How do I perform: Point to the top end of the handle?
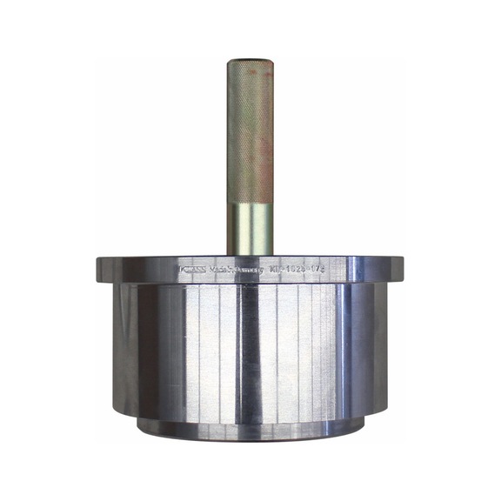250,61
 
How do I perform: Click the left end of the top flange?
97,271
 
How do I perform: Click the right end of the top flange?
403,271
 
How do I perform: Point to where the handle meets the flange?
250,254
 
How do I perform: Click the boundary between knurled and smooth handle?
250,203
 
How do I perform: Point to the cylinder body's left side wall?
121,348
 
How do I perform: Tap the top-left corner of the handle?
230,62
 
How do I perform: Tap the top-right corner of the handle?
271,62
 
